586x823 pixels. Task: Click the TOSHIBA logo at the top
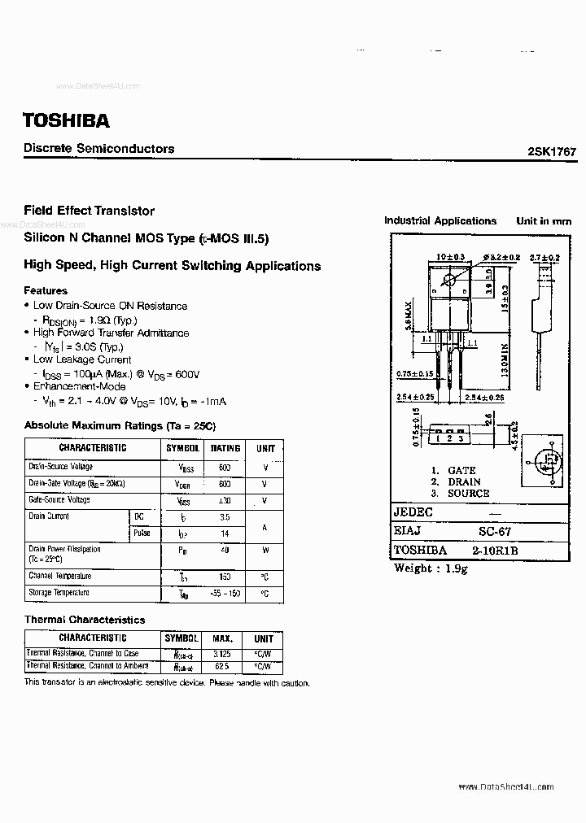(x=66, y=120)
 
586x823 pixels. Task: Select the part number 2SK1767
(x=551, y=152)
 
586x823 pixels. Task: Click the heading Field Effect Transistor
(x=90, y=211)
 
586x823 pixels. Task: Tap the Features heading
(x=46, y=290)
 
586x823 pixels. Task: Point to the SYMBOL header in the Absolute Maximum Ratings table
(x=183, y=448)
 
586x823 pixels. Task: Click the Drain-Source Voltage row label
(x=61, y=467)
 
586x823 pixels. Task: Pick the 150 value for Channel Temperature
(x=225, y=576)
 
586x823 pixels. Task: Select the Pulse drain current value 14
(x=225, y=533)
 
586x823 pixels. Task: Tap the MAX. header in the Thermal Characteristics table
(x=222, y=639)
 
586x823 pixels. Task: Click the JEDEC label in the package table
(x=413, y=512)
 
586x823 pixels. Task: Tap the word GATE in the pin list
(x=461, y=470)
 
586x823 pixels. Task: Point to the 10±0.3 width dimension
(x=449, y=257)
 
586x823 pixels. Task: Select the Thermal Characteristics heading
(x=85, y=620)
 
